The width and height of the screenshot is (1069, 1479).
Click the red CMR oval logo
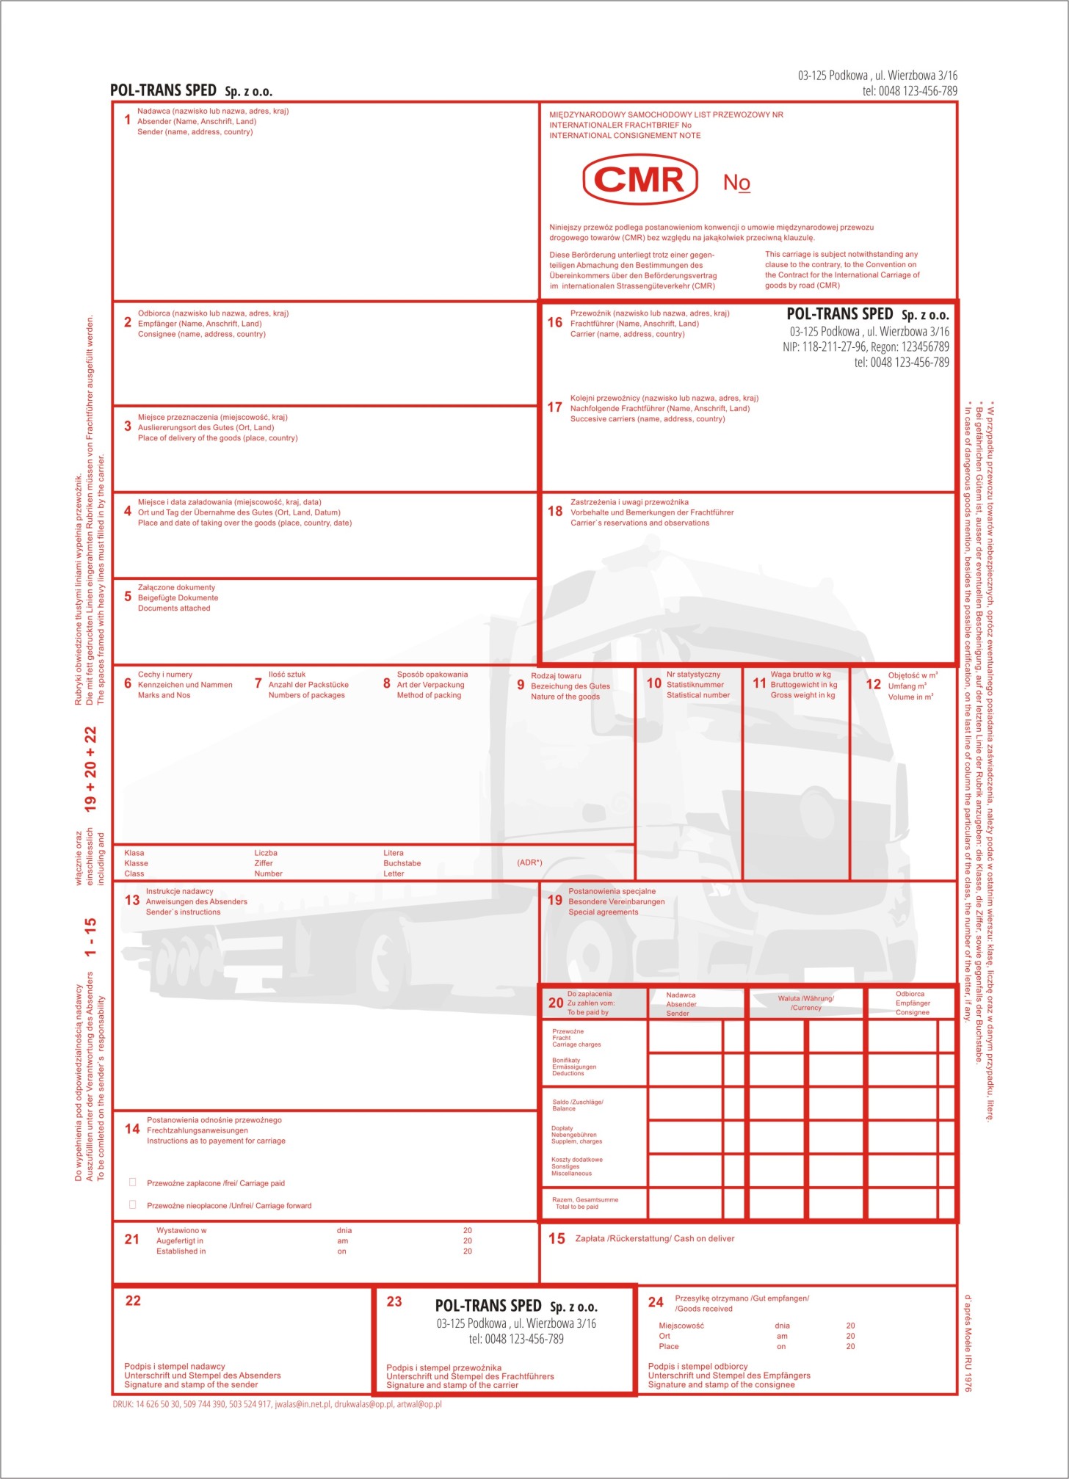click(x=639, y=179)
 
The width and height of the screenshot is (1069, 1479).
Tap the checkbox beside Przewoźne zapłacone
click(x=133, y=1182)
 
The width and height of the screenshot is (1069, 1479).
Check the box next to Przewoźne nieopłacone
click(x=133, y=1205)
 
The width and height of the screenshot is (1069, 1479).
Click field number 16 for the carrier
click(x=554, y=323)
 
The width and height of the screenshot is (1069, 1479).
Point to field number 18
click(x=554, y=512)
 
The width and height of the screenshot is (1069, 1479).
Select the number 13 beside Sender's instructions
click(x=132, y=901)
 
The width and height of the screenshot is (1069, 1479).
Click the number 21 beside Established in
click(x=132, y=1240)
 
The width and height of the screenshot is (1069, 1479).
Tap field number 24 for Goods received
click(x=656, y=1303)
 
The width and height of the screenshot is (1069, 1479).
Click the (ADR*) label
click(x=529, y=862)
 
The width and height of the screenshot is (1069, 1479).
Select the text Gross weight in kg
click(x=802, y=695)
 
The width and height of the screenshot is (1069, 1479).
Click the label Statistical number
click(x=698, y=695)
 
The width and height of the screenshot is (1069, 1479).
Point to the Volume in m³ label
click(x=910, y=697)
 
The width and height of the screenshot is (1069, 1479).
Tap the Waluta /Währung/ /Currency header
click(x=805, y=1003)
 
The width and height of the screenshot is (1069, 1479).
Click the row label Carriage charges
click(x=576, y=1044)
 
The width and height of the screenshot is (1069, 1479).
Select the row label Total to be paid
click(x=576, y=1207)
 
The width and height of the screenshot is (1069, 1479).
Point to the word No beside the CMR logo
click(x=736, y=182)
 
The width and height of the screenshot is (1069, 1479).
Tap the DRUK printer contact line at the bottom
click(x=277, y=1404)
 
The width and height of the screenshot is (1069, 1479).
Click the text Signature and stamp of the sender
click(x=191, y=1385)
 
